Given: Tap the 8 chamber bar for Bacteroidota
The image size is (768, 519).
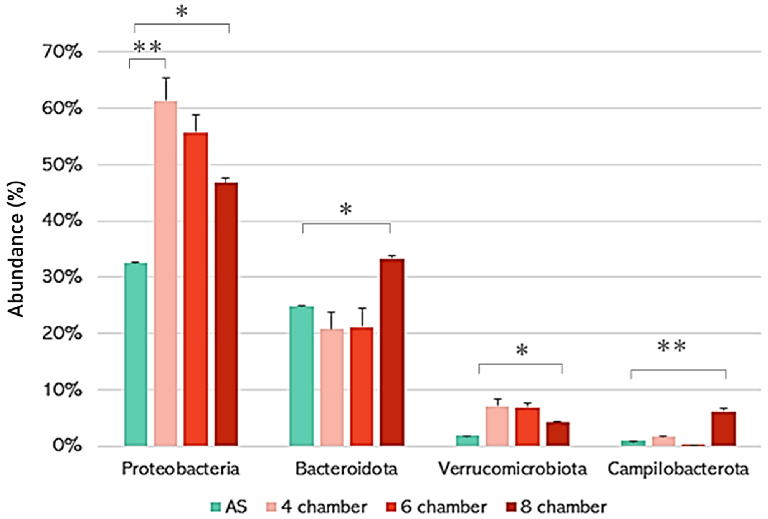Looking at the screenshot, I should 391,352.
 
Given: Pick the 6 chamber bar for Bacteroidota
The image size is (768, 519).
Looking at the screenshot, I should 362,387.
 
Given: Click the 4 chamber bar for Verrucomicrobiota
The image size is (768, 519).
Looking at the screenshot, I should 497,426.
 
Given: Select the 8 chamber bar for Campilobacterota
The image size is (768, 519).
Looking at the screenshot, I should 723,429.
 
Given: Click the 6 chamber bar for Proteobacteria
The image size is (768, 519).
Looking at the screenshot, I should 196,290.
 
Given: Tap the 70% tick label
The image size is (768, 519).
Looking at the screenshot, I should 62,52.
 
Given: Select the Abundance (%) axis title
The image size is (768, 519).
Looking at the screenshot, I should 16,250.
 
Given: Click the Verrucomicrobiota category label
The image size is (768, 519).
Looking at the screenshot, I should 513,469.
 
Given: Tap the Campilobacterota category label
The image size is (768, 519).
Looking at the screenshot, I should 678,469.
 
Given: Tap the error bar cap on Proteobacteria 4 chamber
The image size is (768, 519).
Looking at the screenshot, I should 166,78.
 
